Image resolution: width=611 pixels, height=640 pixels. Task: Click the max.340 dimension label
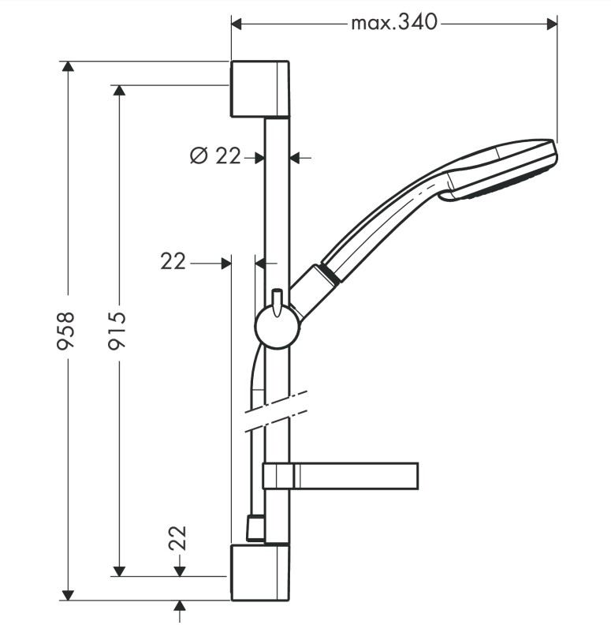click(393, 23)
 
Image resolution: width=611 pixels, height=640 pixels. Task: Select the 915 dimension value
click(118, 331)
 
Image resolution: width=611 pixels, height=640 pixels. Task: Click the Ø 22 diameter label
click(216, 155)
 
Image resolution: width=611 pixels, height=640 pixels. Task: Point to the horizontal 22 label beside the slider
click(173, 261)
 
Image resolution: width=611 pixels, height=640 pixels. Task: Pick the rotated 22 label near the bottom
click(178, 539)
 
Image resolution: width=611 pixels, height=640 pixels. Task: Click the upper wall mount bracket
click(259, 88)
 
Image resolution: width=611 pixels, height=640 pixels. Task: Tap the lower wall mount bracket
click(259, 571)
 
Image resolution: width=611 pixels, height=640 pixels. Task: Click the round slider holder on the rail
click(277, 326)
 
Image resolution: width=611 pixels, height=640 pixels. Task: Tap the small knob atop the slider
click(277, 299)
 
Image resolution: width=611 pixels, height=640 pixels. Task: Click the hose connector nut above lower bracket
click(255, 529)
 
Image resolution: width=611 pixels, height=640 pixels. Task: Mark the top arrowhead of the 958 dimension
click(68, 67)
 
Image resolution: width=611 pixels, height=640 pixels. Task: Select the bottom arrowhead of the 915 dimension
click(119, 570)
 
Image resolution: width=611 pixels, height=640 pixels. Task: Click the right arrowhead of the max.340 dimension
click(552, 24)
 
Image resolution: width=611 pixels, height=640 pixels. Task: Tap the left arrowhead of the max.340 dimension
click(237, 24)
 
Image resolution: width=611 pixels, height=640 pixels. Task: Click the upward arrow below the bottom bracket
click(180, 607)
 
